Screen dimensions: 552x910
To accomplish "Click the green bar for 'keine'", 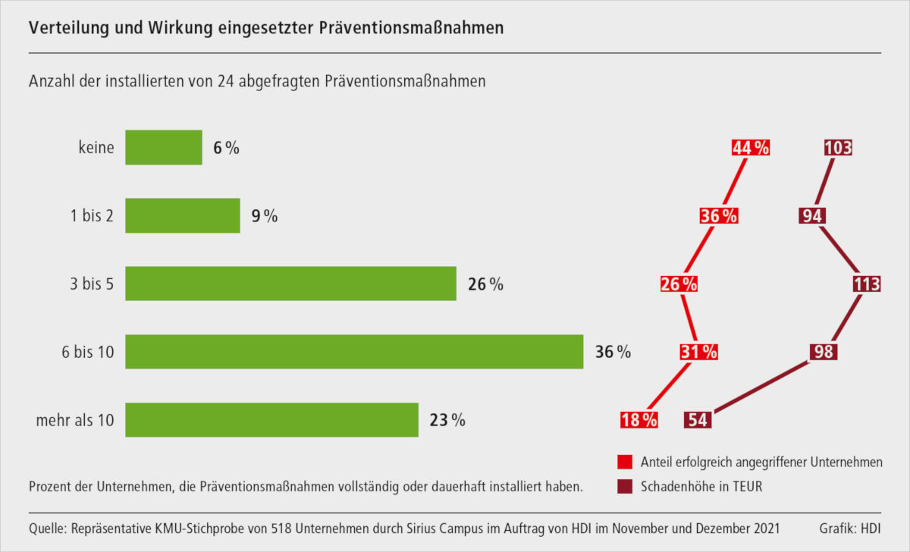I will click(x=163, y=147).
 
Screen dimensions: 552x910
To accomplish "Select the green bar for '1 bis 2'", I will click(x=182, y=215).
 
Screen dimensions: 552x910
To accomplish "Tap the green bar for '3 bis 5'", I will click(x=290, y=284).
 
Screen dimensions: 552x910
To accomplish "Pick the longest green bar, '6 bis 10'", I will click(x=354, y=352).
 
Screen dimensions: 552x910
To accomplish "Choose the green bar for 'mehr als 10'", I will click(x=271, y=420).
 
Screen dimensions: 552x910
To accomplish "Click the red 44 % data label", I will click(x=751, y=148).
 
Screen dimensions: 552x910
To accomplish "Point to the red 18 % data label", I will click(x=639, y=419).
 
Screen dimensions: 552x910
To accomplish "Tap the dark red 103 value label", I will click(x=838, y=148).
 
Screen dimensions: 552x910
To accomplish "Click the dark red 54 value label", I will click(x=698, y=419).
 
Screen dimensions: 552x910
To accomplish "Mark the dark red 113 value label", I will click(x=866, y=284).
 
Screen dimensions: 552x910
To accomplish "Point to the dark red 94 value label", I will click(x=811, y=216).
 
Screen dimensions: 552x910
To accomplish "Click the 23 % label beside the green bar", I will click(x=447, y=420).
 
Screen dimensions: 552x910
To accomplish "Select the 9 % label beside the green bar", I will click(x=265, y=216).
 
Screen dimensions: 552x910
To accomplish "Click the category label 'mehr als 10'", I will click(x=75, y=420).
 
